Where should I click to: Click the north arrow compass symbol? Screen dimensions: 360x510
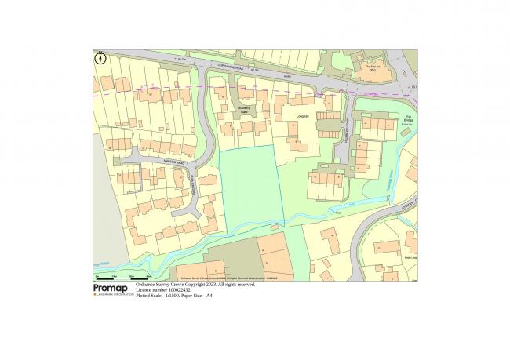(x=100, y=56)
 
